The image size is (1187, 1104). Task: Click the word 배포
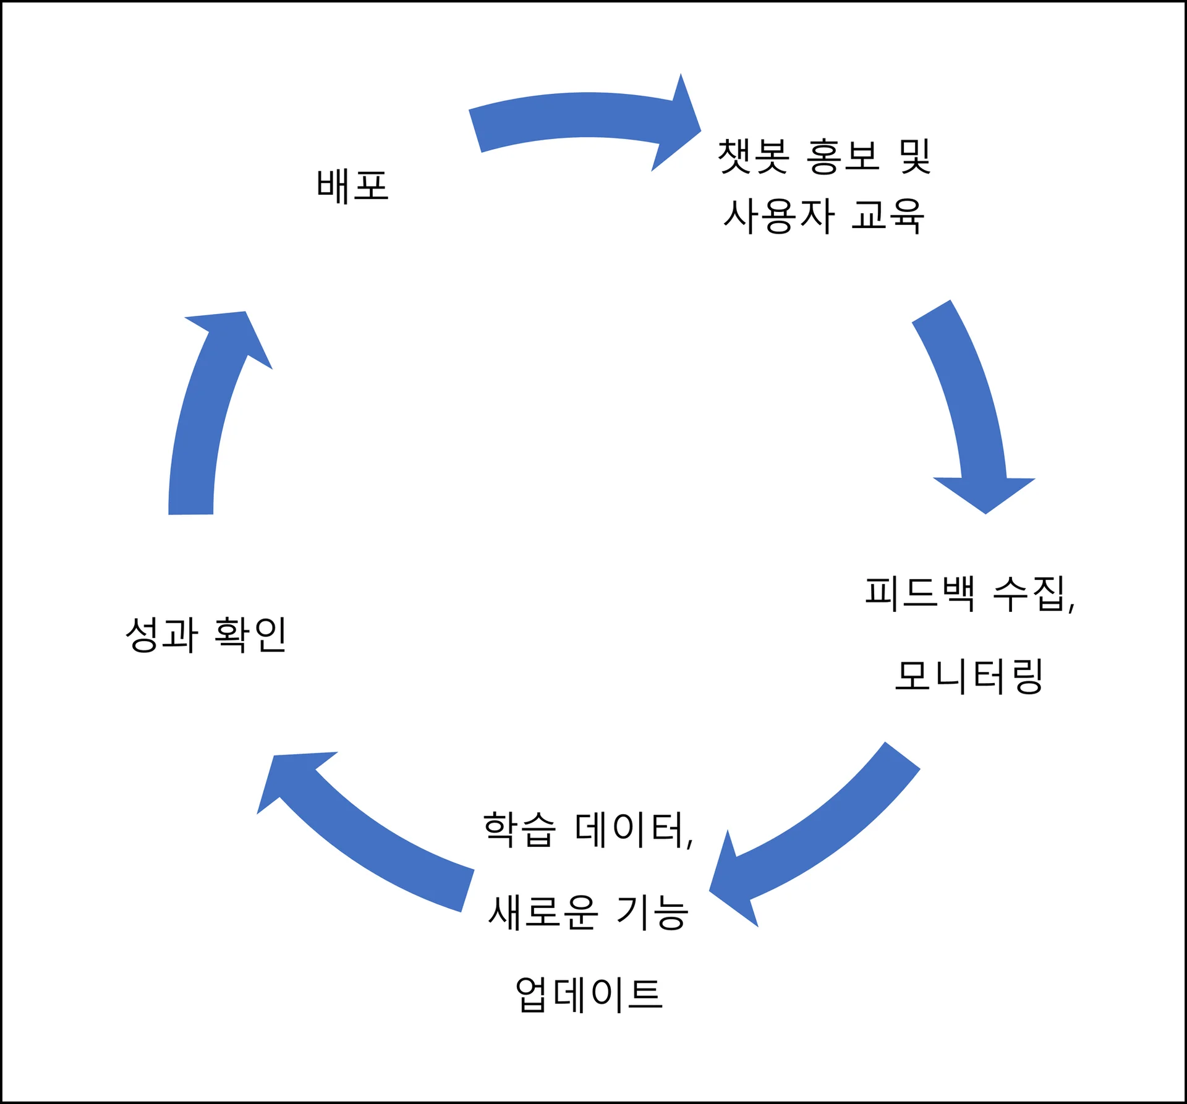tap(352, 186)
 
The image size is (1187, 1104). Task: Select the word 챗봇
tap(753, 156)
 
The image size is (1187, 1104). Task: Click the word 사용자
tap(779, 216)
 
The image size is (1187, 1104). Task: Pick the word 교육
tap(888, 216)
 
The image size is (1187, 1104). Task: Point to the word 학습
tap(520, 829)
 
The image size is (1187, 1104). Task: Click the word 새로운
tap(543, 912)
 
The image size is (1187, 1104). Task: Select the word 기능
tap(652, 912)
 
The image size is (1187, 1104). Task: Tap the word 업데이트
tap(589, 994)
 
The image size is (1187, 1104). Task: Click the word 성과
tap(162, 634)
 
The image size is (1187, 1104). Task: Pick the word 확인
tap(251, 634)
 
